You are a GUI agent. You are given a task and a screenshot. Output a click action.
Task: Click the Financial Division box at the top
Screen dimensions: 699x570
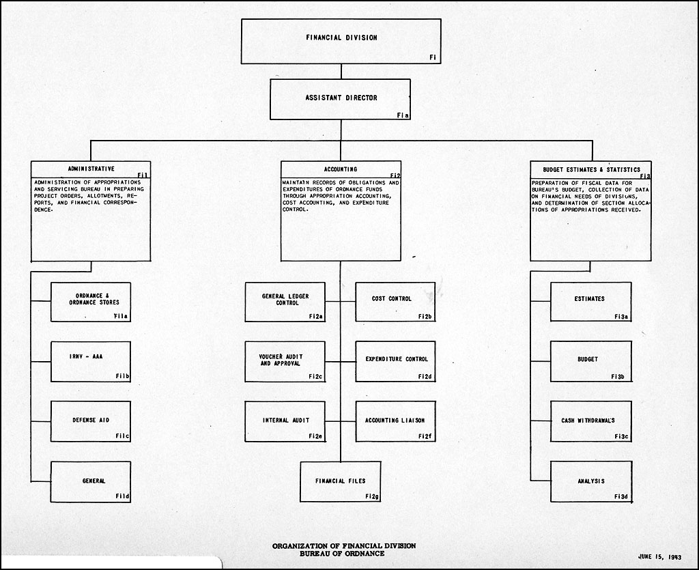[341, 41]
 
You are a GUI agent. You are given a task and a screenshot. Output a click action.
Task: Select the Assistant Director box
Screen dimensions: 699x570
[340, 100]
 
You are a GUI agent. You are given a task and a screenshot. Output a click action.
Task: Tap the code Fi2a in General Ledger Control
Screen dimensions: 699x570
[315, 317]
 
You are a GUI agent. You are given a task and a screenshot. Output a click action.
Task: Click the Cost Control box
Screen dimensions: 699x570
[395, 302]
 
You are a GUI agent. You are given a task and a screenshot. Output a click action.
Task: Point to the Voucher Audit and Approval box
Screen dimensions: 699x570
[285, 362]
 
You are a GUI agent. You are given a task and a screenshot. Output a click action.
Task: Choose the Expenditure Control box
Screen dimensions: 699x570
[395, 362]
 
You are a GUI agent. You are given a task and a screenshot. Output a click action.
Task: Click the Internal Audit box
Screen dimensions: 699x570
[285, 422]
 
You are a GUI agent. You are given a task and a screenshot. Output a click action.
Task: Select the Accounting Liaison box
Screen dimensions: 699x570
[395, 422]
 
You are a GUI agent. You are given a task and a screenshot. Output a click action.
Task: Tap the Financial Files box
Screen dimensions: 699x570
[340, 482]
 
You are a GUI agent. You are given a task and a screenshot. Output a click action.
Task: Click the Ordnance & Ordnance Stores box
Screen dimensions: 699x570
[91, 302]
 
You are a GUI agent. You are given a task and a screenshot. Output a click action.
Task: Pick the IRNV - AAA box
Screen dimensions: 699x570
[91, 362]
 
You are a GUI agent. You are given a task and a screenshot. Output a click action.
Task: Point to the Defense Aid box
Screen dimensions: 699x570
[91, 422]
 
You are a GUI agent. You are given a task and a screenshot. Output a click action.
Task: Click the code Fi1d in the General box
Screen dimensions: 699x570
[122, 496]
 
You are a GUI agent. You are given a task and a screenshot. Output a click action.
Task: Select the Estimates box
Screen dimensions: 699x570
[590, 302]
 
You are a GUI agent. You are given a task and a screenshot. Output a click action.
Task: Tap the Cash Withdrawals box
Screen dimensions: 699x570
[590, 422]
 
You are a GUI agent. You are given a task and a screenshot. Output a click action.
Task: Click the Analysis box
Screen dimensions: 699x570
[590, 482]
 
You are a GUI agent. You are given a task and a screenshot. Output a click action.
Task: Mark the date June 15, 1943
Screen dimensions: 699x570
[659, 556]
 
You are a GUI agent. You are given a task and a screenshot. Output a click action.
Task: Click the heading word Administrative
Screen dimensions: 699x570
[91, 169]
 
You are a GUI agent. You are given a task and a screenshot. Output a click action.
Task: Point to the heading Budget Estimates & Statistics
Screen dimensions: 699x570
[591, 170]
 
